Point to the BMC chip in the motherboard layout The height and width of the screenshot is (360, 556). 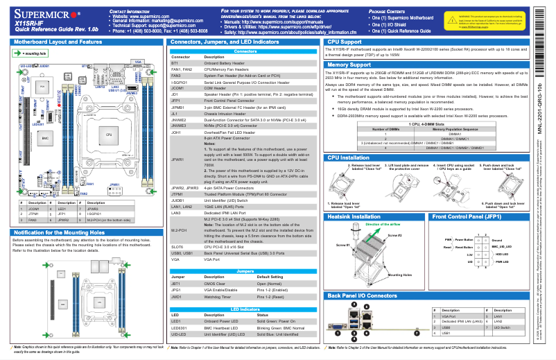46,139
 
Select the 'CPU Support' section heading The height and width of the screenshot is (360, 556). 347,42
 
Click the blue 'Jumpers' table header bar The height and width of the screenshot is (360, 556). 245,271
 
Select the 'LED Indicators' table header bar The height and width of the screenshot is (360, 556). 245,308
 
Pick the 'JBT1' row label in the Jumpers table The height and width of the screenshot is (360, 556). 176,284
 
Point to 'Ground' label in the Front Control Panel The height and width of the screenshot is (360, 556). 496,239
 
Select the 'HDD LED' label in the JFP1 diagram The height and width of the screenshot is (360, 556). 501,255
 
